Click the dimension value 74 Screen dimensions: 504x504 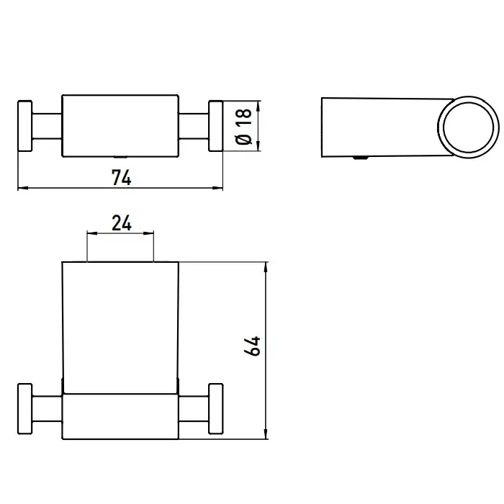click(122, 177)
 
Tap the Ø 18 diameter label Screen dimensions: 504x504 click(243, 127)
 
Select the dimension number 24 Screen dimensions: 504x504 click(122, 223)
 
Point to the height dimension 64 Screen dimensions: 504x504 click(252, 346)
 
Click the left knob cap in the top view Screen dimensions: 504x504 click(24, 126)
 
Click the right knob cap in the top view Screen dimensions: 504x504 click(216, 126)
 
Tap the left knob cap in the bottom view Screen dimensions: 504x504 click(24, 408)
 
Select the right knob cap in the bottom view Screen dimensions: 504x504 click(216, 408)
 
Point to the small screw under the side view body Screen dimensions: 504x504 click(361, 158)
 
